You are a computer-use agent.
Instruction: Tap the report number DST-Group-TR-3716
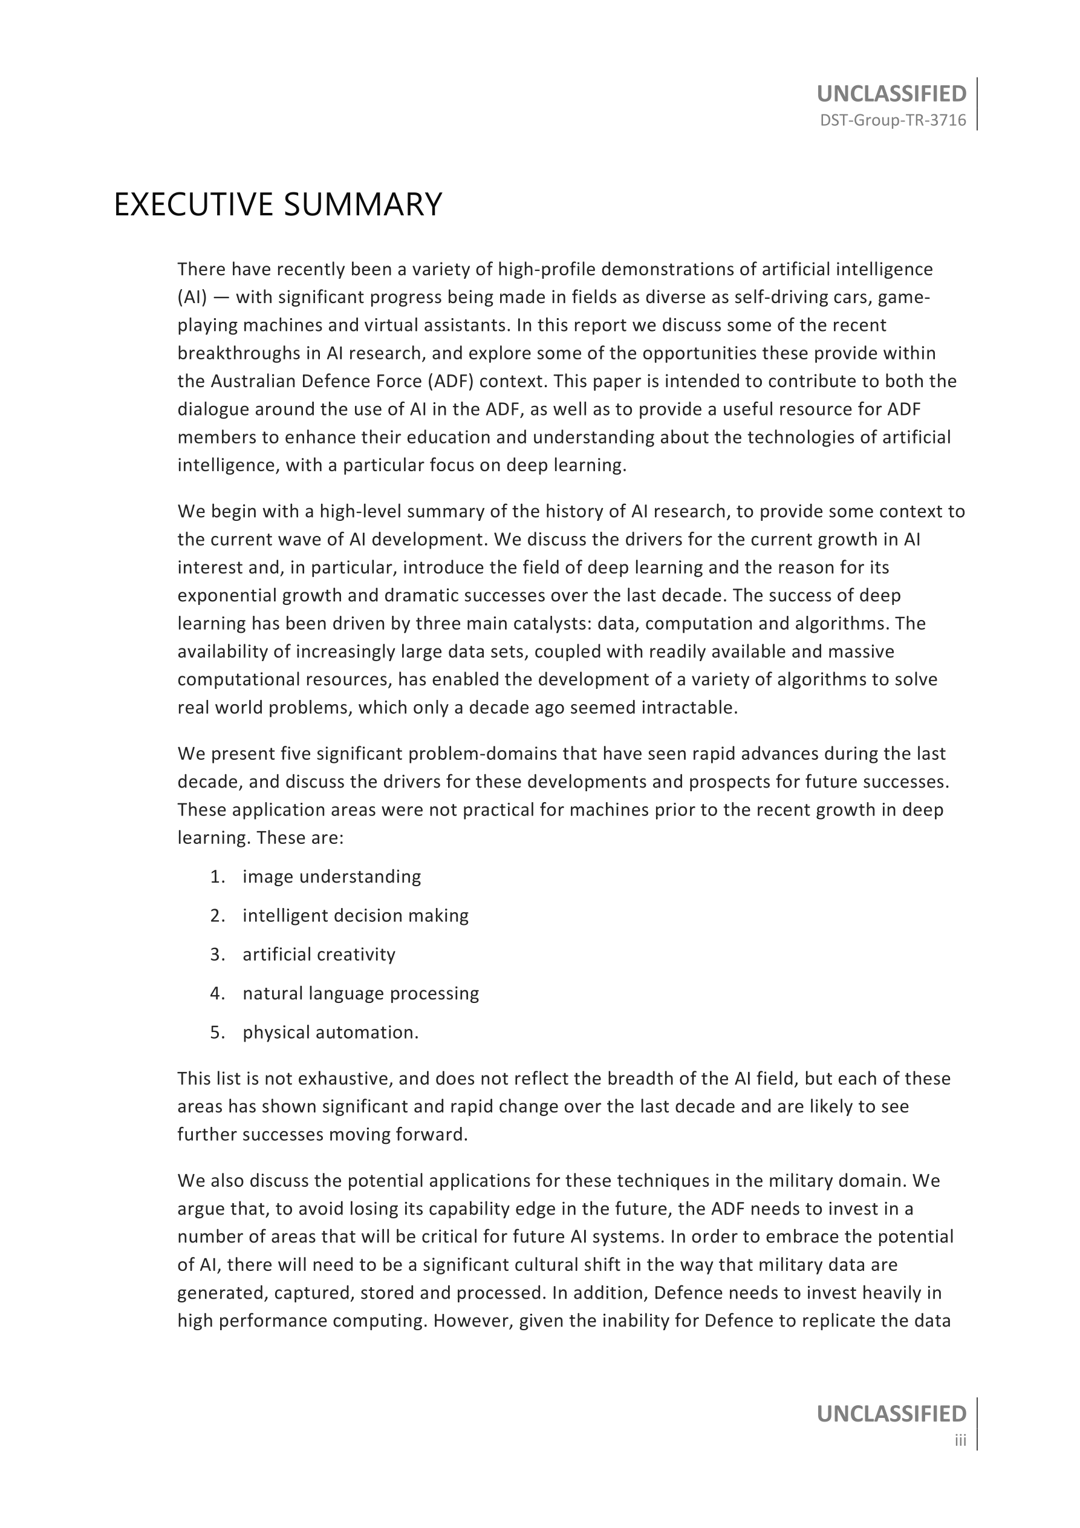(x=893, y=120)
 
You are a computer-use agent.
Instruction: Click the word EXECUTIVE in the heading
(x=194, y=204)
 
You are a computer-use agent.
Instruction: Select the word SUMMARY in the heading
(x=363, y=204)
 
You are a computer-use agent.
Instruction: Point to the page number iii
(x=960, y=1441)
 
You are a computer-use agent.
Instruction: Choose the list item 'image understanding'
(x=331, y=877)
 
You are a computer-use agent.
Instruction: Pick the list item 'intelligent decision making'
(x=356, y=916)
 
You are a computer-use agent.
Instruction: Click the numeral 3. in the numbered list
(x=218, y=955)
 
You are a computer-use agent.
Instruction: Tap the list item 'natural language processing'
(x=360, y=994)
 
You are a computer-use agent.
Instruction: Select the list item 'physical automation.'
(x=331, y=1032)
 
